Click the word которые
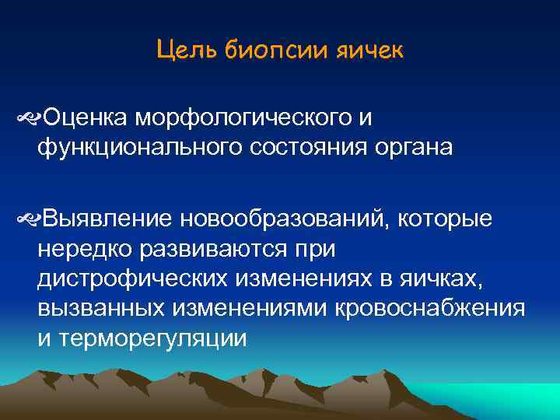coord(445,220)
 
